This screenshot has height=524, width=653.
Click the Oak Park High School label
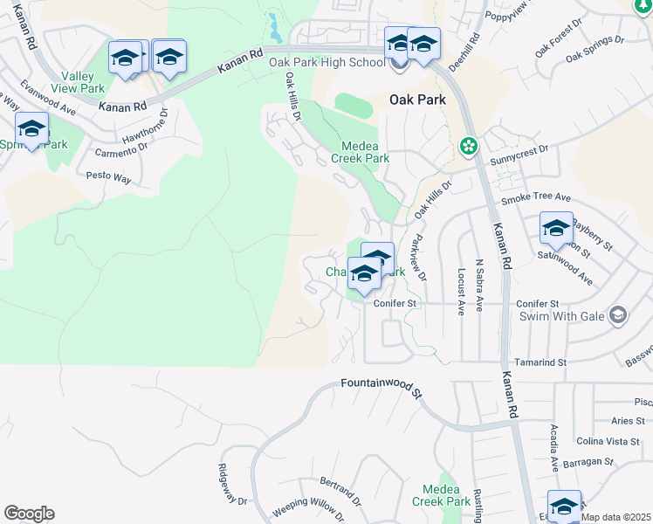[x=326, y=63]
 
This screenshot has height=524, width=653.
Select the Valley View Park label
[x=79, y=82]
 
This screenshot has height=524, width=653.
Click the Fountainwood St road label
[x=381, y=384]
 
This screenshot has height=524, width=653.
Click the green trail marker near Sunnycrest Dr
[x=469, y=146]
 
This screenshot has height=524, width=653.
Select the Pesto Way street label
[x=108, y=177]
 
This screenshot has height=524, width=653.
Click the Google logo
[x=29, y=514]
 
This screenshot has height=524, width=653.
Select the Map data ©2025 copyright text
[x=616, y=517]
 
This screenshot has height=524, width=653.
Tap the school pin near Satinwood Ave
[x=556, y=229]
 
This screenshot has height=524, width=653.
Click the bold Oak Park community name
[x=417, y=100]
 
